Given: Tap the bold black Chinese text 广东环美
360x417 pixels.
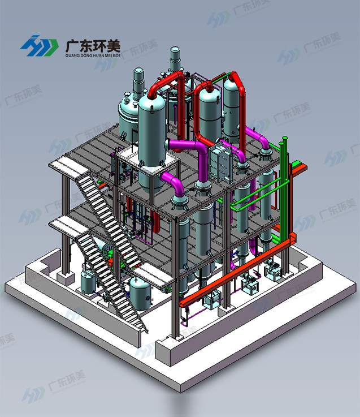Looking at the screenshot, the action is coord(93,46).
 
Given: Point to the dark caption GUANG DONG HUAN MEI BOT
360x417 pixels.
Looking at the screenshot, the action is coord(93,55).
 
